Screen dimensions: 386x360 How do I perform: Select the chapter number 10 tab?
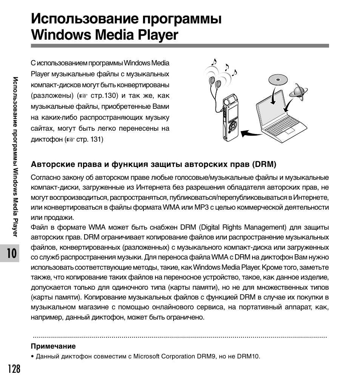point(12,253)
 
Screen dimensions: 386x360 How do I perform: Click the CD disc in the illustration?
point(278,80)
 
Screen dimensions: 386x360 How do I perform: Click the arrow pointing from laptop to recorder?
point(251,133)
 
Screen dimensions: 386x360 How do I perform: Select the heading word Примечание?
point(53,346)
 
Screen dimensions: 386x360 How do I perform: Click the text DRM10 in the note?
point(248,356)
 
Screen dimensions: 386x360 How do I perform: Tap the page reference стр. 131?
point(90,139)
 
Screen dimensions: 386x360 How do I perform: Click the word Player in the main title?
point(157,35)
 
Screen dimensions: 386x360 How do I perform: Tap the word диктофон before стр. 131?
point(47,139)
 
